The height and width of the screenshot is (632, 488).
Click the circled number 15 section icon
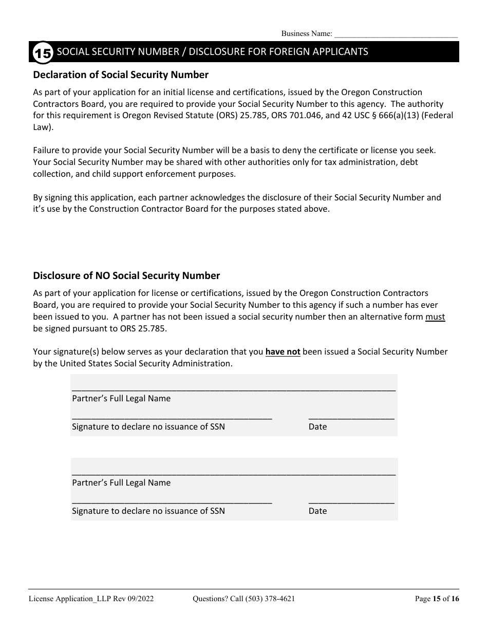43,52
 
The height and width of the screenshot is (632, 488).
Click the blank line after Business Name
396,34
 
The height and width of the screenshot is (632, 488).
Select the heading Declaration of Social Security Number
121,75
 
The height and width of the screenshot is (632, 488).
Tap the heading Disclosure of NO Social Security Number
126,276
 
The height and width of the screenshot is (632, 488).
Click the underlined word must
435,317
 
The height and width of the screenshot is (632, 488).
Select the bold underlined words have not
283,352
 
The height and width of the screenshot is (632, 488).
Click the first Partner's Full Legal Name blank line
234,389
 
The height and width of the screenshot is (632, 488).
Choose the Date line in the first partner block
351,418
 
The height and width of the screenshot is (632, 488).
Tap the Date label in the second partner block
317,511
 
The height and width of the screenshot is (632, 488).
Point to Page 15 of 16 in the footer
437,599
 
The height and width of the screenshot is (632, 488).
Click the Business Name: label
307,34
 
